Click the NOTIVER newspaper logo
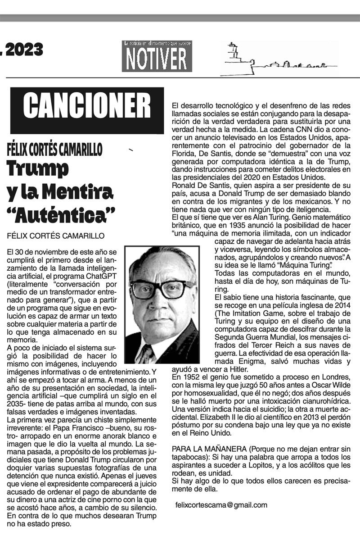point(157,57)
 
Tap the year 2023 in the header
point(23,50)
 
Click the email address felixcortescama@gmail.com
point(221,505)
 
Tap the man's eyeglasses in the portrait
point(161,289)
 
